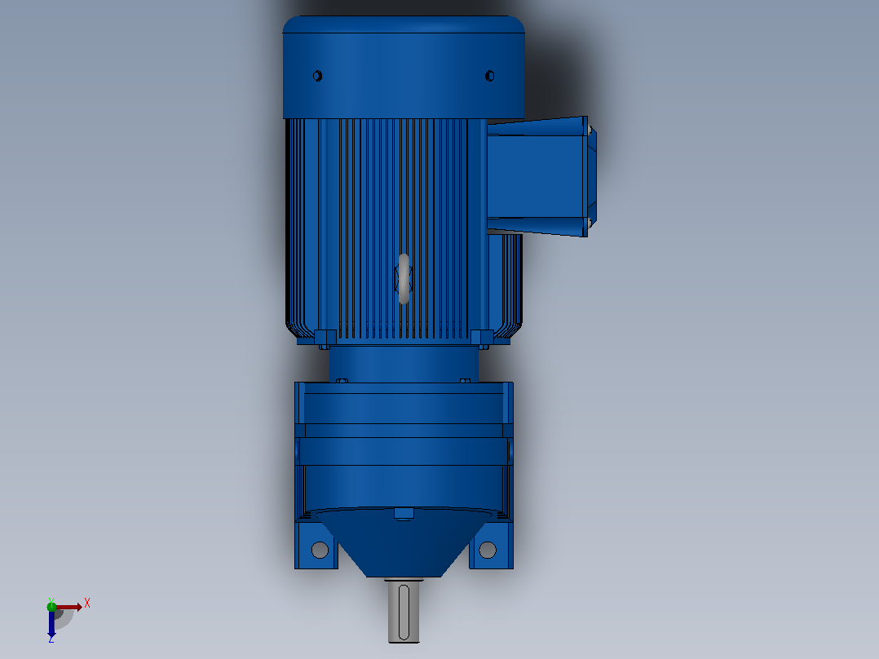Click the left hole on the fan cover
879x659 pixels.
pos(317,76)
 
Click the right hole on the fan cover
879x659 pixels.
pos(489,76)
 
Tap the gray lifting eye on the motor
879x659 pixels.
pos(404,279)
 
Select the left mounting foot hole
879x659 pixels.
pos(320,550)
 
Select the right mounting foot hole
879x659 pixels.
pos(488,550)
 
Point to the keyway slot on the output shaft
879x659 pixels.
pos(404,612)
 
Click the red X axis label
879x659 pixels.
pos(87,604)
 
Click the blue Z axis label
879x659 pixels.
pos(51,639)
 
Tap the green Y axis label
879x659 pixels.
pos(51,601)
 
